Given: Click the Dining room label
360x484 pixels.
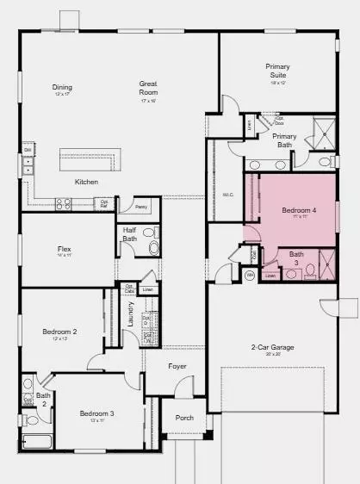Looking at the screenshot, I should tap(62, 87).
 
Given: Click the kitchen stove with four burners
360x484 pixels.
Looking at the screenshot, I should tap(63, 204).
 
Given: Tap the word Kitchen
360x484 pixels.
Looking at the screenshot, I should tap(86, 183).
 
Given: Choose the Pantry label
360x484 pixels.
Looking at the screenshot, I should tap(141, 207).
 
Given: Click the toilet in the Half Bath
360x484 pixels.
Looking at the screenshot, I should tap(153, 249).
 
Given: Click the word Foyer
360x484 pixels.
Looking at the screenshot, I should tap(177, 365).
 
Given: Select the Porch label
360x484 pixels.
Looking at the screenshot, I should tap(184, 418).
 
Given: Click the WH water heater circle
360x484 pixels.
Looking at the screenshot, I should tap(250, 276).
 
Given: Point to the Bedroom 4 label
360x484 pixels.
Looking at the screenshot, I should tap(298, 211).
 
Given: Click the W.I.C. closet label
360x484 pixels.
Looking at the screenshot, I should tap(228, 195).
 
